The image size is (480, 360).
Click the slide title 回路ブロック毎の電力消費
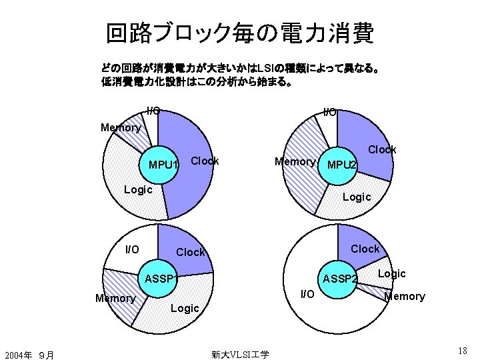[x=240, y=33]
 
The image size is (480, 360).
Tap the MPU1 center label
[x=163, y=165]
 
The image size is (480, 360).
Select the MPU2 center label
[x=343, y=165]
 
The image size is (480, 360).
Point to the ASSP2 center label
[x=340, y=277]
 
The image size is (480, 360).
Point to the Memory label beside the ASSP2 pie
[x=405, y=296]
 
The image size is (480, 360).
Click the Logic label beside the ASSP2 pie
[x=391, y=273]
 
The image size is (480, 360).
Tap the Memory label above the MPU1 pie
[x=120, y=127]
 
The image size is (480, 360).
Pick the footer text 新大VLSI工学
[x=240, y=354]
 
